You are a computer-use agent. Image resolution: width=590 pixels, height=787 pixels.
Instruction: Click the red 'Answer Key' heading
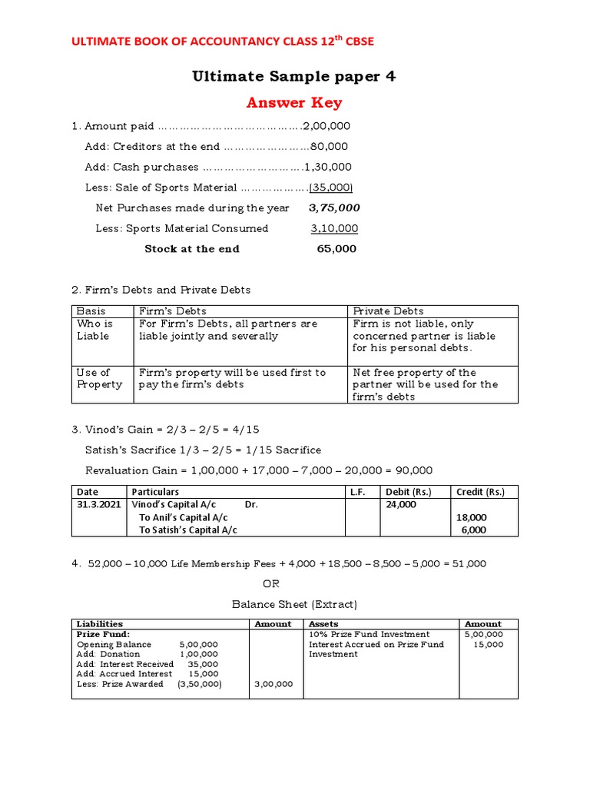point(294,103)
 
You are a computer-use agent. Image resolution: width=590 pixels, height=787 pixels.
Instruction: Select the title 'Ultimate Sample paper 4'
point(294,76)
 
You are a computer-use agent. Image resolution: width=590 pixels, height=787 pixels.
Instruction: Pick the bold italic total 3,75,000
point(334,208)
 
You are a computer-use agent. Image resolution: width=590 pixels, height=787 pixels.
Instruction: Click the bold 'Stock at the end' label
point(192,249)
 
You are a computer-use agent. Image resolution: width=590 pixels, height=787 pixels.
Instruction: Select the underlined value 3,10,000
point(334,228)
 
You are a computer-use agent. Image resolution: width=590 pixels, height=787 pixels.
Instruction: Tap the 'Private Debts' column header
point(388,311)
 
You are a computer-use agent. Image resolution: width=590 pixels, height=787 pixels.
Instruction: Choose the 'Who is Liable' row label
point(94,330)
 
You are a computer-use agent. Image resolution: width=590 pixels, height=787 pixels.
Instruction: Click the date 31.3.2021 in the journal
point(98,505)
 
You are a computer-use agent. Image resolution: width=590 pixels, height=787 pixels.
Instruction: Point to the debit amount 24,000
point(401,505)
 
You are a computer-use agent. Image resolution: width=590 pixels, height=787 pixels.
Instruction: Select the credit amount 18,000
point(471,518)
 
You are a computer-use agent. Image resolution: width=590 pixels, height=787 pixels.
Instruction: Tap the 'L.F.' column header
point(357,492)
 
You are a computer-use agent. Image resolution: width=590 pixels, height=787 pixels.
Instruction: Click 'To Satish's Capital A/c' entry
point(188,530)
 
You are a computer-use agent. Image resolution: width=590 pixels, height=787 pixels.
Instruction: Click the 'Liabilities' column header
point(100,624)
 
